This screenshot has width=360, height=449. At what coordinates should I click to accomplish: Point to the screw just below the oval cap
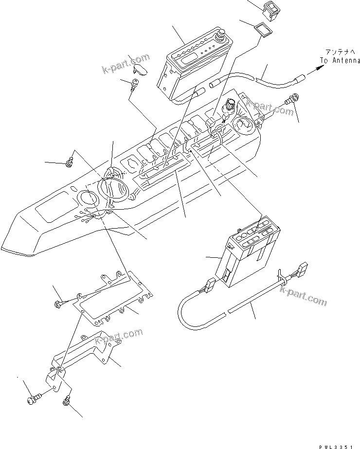pyautogui.click(x=134, y=87)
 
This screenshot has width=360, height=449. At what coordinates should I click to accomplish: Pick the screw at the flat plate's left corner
pyautogui.click(x=57, y=304)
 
